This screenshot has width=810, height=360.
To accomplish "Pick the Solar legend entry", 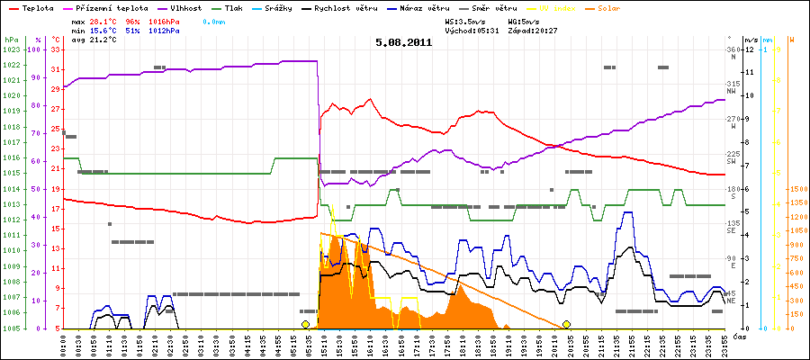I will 622,7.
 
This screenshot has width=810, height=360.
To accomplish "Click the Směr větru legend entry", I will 487,7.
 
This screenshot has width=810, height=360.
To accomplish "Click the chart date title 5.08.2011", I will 404,41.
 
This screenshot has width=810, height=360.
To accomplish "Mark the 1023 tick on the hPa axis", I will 12,49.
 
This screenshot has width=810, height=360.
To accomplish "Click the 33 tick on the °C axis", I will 55,49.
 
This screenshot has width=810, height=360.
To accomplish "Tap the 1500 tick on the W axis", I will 796,189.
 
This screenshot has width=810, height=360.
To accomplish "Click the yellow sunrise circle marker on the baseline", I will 306,324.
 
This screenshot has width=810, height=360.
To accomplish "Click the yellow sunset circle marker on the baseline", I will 567,324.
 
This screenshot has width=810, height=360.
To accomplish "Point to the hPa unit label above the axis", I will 11,40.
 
